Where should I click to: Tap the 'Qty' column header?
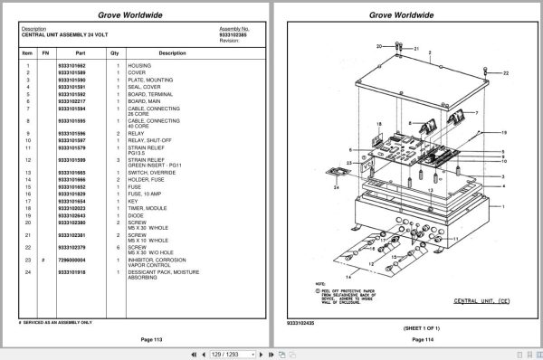point(115,53)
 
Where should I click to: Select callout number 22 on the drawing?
point(506,72)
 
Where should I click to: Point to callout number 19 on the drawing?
point(504,133)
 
